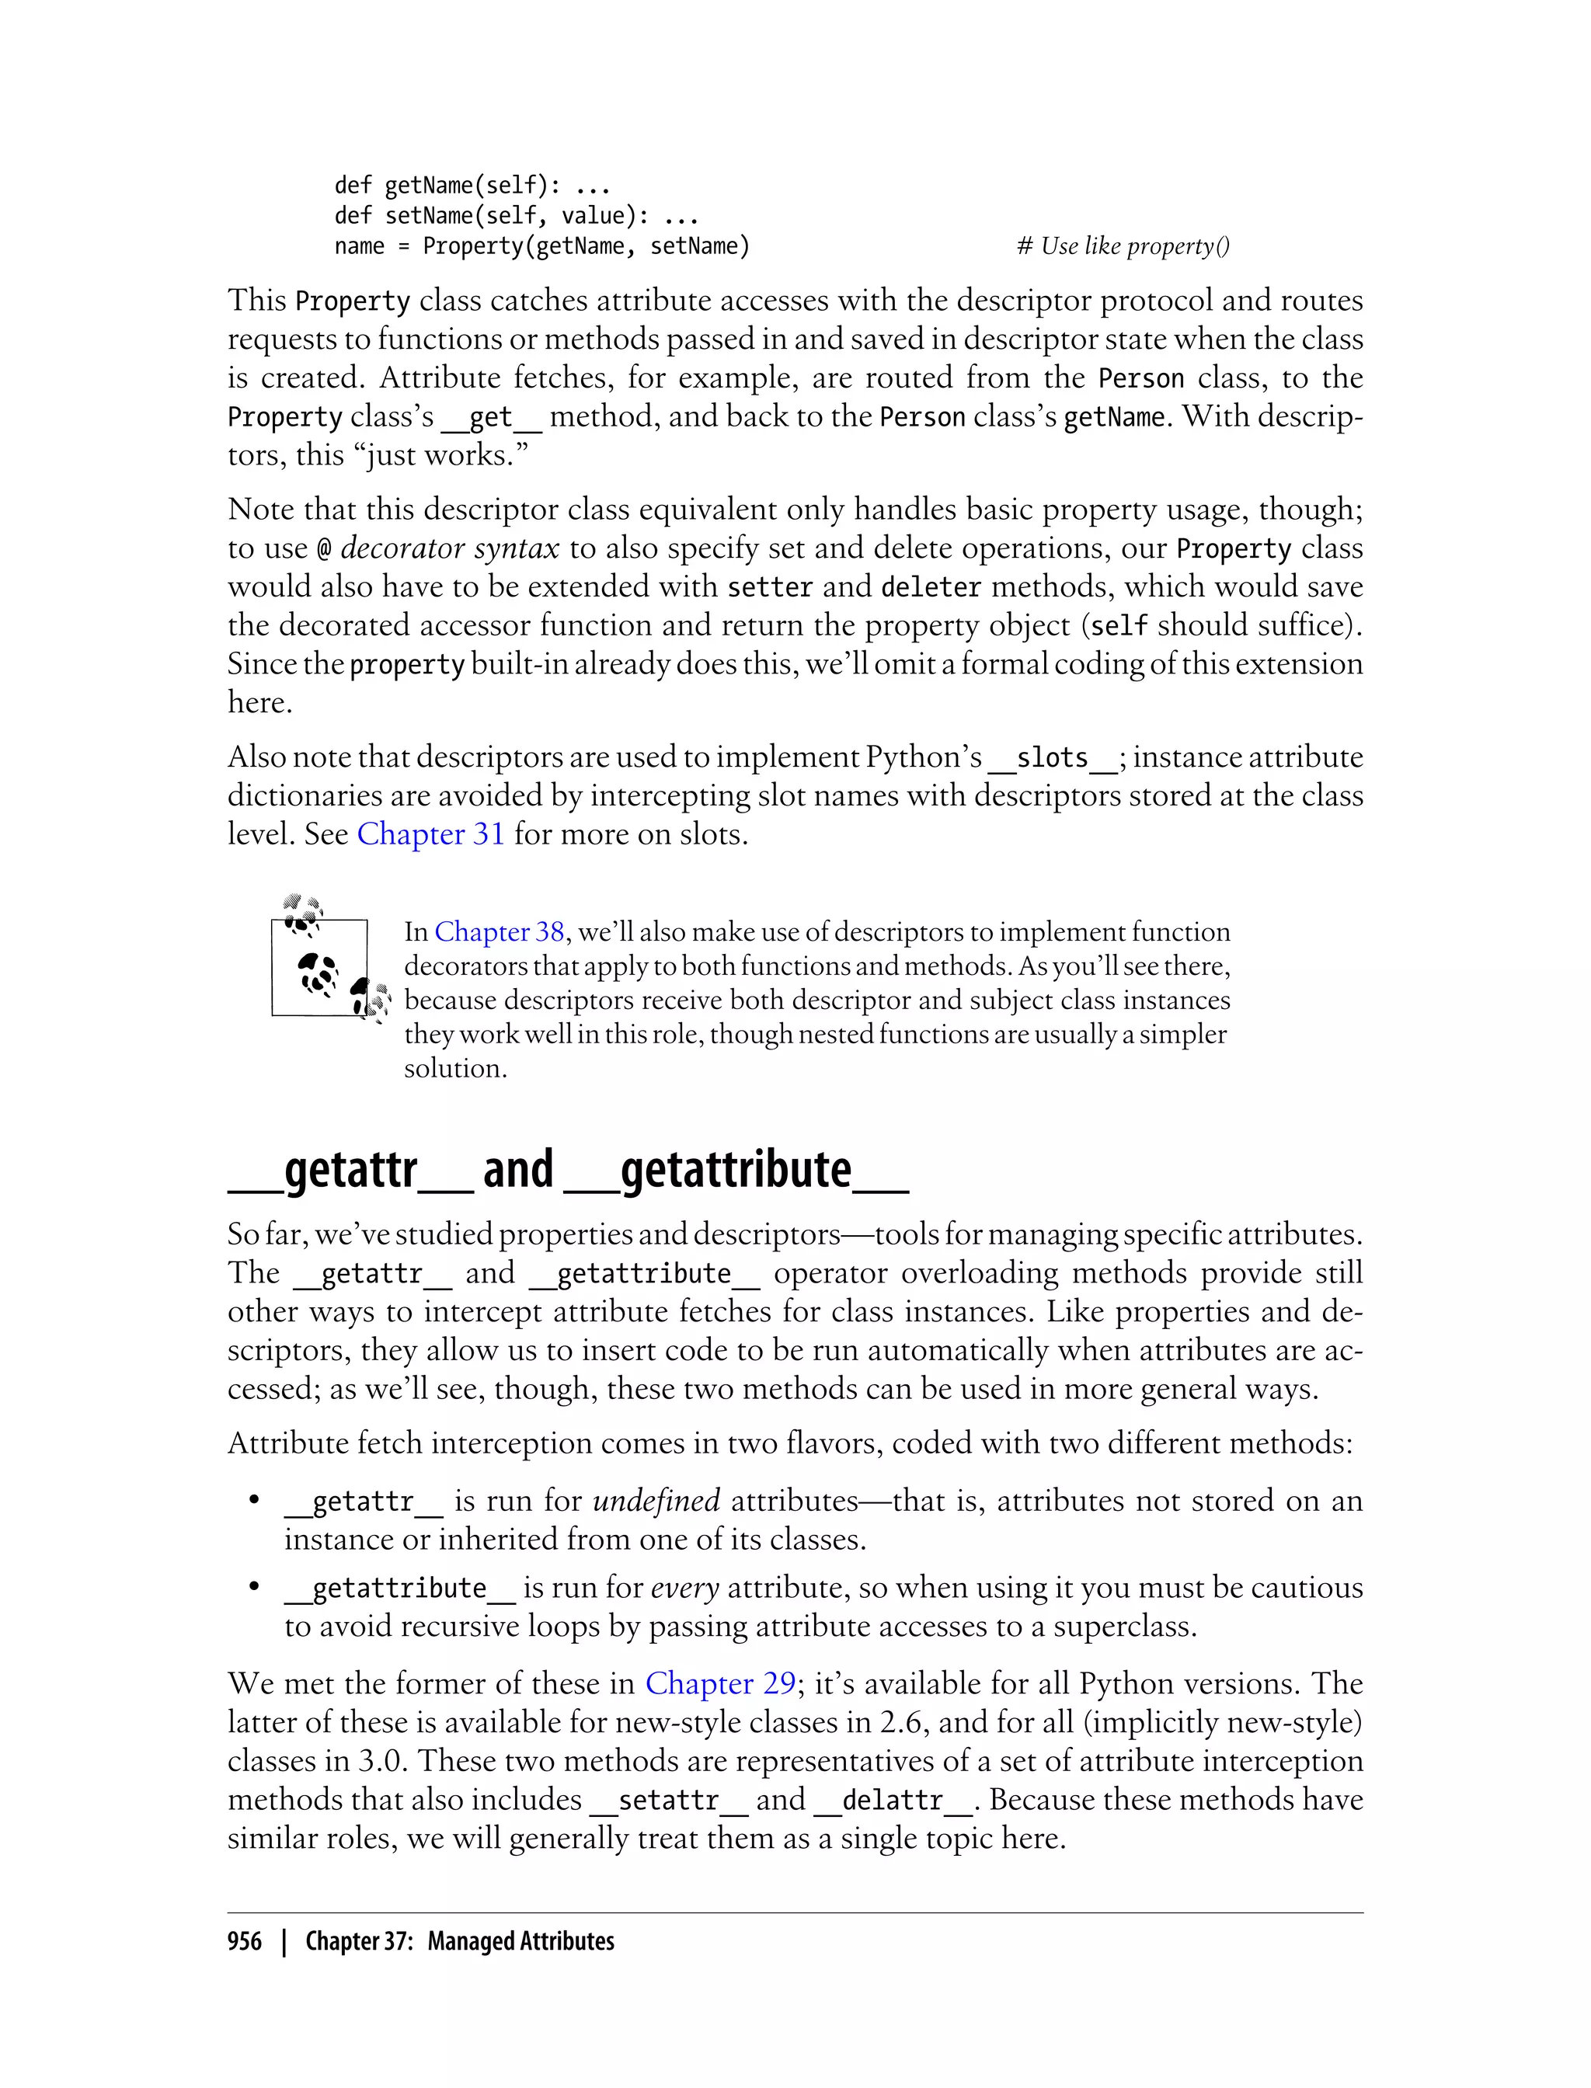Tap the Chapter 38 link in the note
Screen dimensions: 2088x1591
click(x=499, y=932)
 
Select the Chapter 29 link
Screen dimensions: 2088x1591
click(x=719, y=1683)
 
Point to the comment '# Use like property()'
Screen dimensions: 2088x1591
click(x=1123, y=246)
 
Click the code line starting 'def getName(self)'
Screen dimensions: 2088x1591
click(x=472, y=185)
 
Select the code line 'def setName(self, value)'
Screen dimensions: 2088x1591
click(x=516, y=216)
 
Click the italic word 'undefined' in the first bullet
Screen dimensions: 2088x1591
click(x=656, y=1501)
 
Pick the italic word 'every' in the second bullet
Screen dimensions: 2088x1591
click(x=684, y=1588)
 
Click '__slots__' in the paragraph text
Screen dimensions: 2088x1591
click(x=1052, y=757)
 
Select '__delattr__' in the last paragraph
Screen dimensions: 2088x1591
click(x=893, y=1800)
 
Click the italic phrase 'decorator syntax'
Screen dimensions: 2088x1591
click(x=450, y=548)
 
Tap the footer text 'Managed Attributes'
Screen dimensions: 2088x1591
click(x=520, y=1941)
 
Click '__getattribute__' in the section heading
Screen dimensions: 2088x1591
click(x=736, y=1171)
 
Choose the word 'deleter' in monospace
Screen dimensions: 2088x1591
click(x=930, y=587)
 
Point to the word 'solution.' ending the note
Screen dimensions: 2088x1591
click(x=455, y=1068)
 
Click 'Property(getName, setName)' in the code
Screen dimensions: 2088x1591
click(x=585, y=246)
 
